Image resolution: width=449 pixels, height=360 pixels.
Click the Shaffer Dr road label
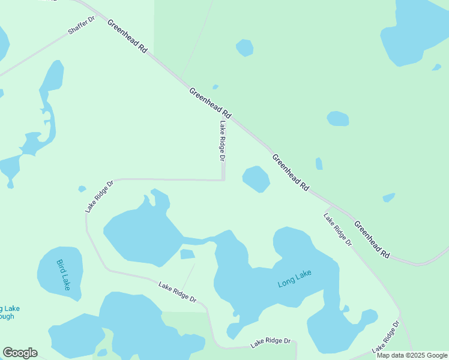[x=82, y=25]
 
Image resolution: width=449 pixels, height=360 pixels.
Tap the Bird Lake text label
[x=64, y=275]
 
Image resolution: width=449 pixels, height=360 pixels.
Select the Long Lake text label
[x=295, y=279]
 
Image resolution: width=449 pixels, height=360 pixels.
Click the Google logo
[x=20, y=353]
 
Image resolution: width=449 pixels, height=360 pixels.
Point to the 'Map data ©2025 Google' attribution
[x=412, y=355]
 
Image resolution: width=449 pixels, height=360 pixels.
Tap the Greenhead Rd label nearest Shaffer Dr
[x=127, y=37]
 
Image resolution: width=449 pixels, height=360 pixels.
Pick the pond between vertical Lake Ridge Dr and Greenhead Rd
[x=256, y=179]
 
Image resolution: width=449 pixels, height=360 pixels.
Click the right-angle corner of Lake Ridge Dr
[x=223, y=179]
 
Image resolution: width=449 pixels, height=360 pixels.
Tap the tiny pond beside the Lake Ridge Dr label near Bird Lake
[x=82, y=189]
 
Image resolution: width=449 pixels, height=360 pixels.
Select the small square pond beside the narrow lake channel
[x=187, y=254]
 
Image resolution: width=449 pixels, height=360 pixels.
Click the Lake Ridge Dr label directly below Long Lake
[x=271, y=343]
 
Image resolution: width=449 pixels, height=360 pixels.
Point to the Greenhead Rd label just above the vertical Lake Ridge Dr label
[x=209, y=103]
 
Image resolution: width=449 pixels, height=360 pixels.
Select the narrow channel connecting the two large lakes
[x=198, y=241]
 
